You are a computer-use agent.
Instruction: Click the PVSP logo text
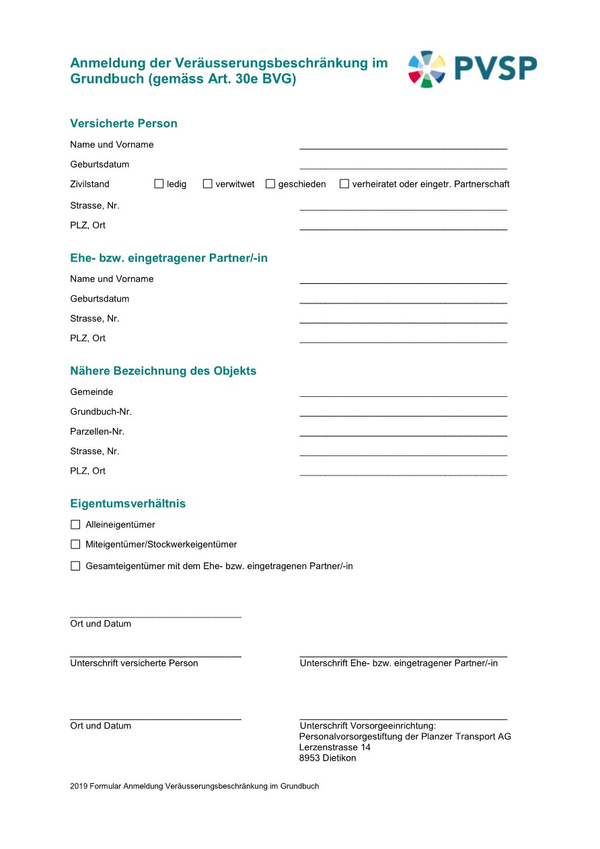tap(495, 68)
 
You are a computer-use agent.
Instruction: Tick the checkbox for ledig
tap(159, 184)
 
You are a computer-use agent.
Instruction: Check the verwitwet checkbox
tap(208, 184)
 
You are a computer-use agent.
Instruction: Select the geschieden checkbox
tap(270, 184)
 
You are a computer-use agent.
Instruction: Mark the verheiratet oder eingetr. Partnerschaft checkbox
tap(344, 184)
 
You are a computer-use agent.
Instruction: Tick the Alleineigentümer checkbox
tap(75, 525)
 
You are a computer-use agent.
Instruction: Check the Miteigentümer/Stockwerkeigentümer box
tap(75, 544)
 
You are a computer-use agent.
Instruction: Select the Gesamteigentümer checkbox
tap(75, 566)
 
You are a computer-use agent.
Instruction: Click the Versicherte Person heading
tap(124, 124)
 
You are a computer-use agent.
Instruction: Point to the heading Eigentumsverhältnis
tap(128, 504)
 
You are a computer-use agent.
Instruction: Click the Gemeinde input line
tap(403, 394)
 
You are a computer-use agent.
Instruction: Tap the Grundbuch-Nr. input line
tap(403, 414)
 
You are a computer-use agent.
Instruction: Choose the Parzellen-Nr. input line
tap(403, 434)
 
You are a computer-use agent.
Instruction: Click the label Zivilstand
tap(89, 184)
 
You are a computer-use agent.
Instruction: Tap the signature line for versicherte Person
tap(155, 654)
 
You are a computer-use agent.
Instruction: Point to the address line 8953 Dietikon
tap(328, 758)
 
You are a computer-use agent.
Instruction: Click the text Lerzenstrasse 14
tap(334, 747)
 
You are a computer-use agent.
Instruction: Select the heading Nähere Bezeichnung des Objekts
tap(163, 371)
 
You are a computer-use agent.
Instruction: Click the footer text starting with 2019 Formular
tap(194, 786)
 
